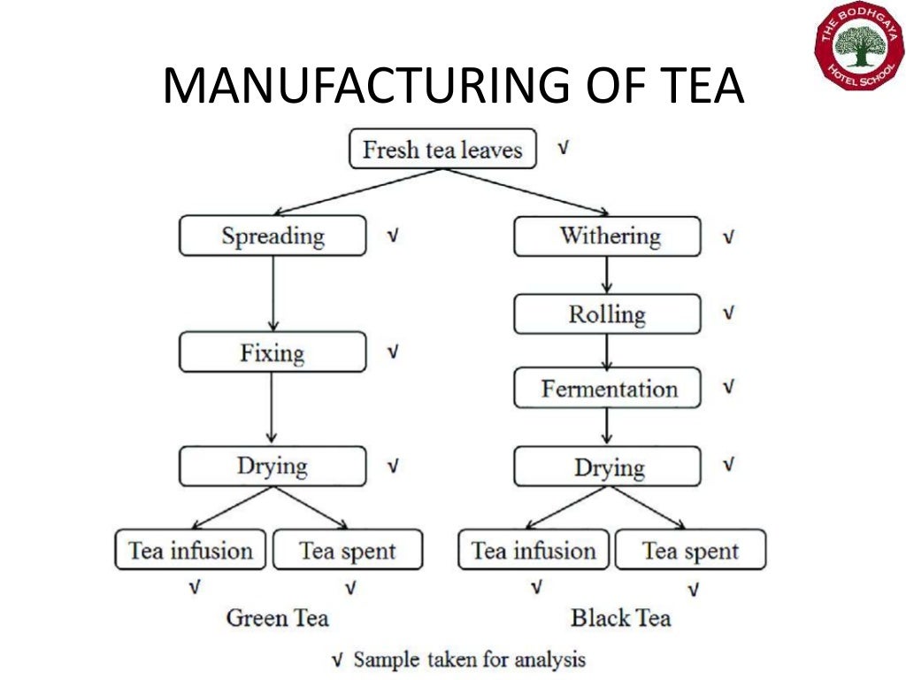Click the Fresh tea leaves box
pyautogui.click(x=442, y=149)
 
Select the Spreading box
pyautogui.click(x=273, y=236)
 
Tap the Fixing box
pyautogui.click(x=273, y=352)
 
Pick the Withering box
pyautogui.click(x=608, y=236)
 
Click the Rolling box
pyautogui.click(x=608, y=314)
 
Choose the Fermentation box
pyautogui.click(x=608, y=389)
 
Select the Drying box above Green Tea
pyautogui.click(x=273, y=466)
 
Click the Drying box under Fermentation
pyautogui.click(x=608, y=467)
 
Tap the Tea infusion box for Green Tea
pyautogui.click(x=190, y=550)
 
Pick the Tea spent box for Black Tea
pyautogui.click(x=690, y=551)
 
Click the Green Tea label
pyautogui.click(x=277, y=617)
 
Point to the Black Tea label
pyautogui.click(x=620, y=617)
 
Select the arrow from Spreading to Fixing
pyautogui.click(x=273, y=294)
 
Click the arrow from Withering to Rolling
pyautogui.click(x=608, y=275)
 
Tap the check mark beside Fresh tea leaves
pyautogui.click(x=563, y=148)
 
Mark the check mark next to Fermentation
pyautogui.click(x=728, y=388)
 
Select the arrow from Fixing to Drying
pyautogui.click(x=273, y=409)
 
